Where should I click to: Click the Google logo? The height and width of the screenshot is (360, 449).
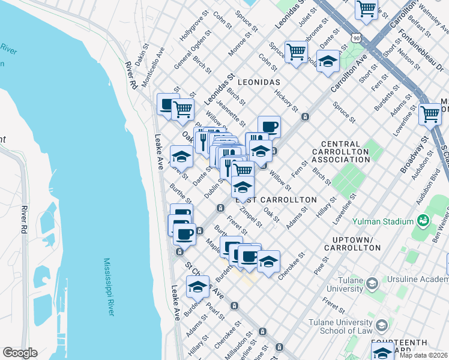(x=20, y=353)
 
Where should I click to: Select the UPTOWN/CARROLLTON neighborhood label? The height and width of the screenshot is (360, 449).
(x=356, y=244)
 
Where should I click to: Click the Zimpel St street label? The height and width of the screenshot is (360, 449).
(x=250, y=217)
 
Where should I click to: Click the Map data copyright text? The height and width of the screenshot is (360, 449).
(x=424, y=355)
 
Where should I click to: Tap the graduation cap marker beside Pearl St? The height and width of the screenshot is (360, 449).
(x=197, y=287)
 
